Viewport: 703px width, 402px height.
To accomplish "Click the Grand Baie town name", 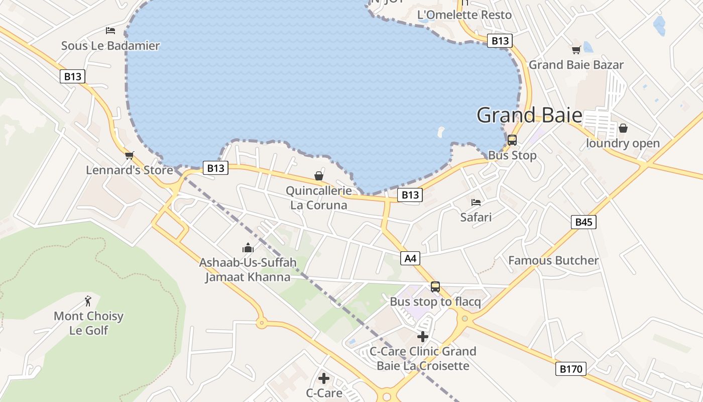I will (529, 115).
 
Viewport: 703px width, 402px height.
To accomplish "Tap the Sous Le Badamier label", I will (110, 46).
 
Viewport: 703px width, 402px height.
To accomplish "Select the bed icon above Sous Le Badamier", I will (110, 31).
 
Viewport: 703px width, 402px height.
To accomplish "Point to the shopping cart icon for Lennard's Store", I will (130, 155).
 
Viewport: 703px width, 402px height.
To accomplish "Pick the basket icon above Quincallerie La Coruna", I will (319, 176).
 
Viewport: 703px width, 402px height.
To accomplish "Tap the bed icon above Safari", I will (476, 203).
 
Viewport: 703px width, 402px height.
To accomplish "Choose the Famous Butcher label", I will (553, 260).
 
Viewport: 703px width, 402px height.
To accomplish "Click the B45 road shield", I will (583, 222).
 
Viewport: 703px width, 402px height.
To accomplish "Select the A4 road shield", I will (410, 258).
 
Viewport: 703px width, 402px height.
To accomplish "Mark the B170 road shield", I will (571, 369).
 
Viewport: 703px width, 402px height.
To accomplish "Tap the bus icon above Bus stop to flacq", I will (435, 287).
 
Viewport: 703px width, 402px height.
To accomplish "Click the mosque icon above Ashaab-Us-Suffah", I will (248, 248).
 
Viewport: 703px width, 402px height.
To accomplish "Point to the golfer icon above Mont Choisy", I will (88, 301).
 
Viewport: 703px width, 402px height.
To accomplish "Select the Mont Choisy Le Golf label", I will (88, 323).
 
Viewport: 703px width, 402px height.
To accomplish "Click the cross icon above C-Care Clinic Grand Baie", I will (423, 336).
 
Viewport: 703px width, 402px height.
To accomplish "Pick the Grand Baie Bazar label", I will (576, 65).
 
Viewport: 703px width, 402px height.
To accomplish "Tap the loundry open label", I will (623, 143).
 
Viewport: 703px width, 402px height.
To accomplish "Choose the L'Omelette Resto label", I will (464, 15).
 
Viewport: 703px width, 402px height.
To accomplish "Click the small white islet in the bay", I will (441, 133).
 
